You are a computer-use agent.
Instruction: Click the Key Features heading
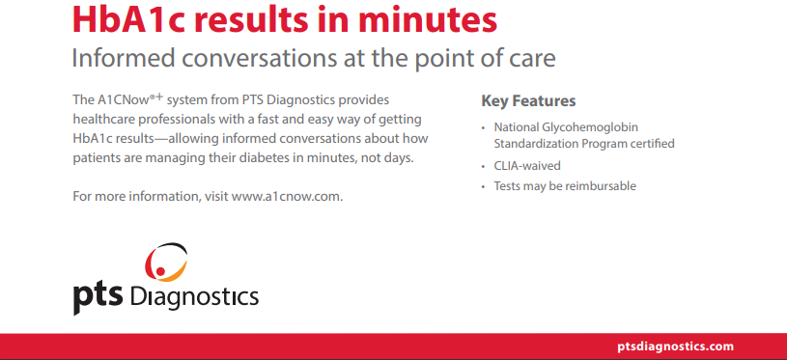pyautogui.click(x=528, y=100)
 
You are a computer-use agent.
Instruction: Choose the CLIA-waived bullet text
pyautogui.click(x=527, y=165)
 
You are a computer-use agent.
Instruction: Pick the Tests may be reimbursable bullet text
pyautogui.click(x=565, y=186)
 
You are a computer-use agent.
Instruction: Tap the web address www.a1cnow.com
pyautogui.click(x=286, y=196)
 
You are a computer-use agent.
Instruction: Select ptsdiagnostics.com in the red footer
pyautogui.click(x=675, y=346)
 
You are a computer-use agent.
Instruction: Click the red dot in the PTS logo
pyautogui.click(x=160, y=271)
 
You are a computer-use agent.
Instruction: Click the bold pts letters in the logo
pyautogui.click(x=98, y=298)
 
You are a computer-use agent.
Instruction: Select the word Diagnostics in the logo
pyautogui.click(x=194, y=296)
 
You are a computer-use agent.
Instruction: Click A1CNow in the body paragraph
pyautogui.click(x=117, y=99)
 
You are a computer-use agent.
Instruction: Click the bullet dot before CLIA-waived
pyautogui.click(x=484, y=166)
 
